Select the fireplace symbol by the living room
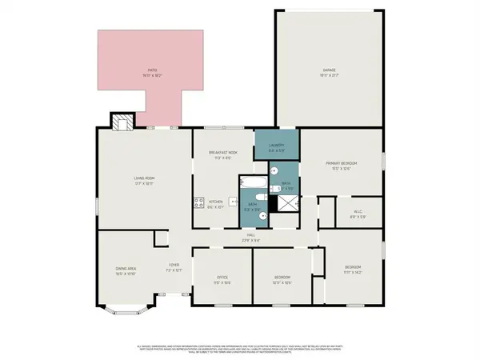pyautogui.click(x=121, y=122)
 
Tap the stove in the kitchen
pyautogui.click(x=198, y=202)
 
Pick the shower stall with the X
pyautogui.click(x=283, y=204)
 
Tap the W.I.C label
pyautogui.click(x=358, y=213)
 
